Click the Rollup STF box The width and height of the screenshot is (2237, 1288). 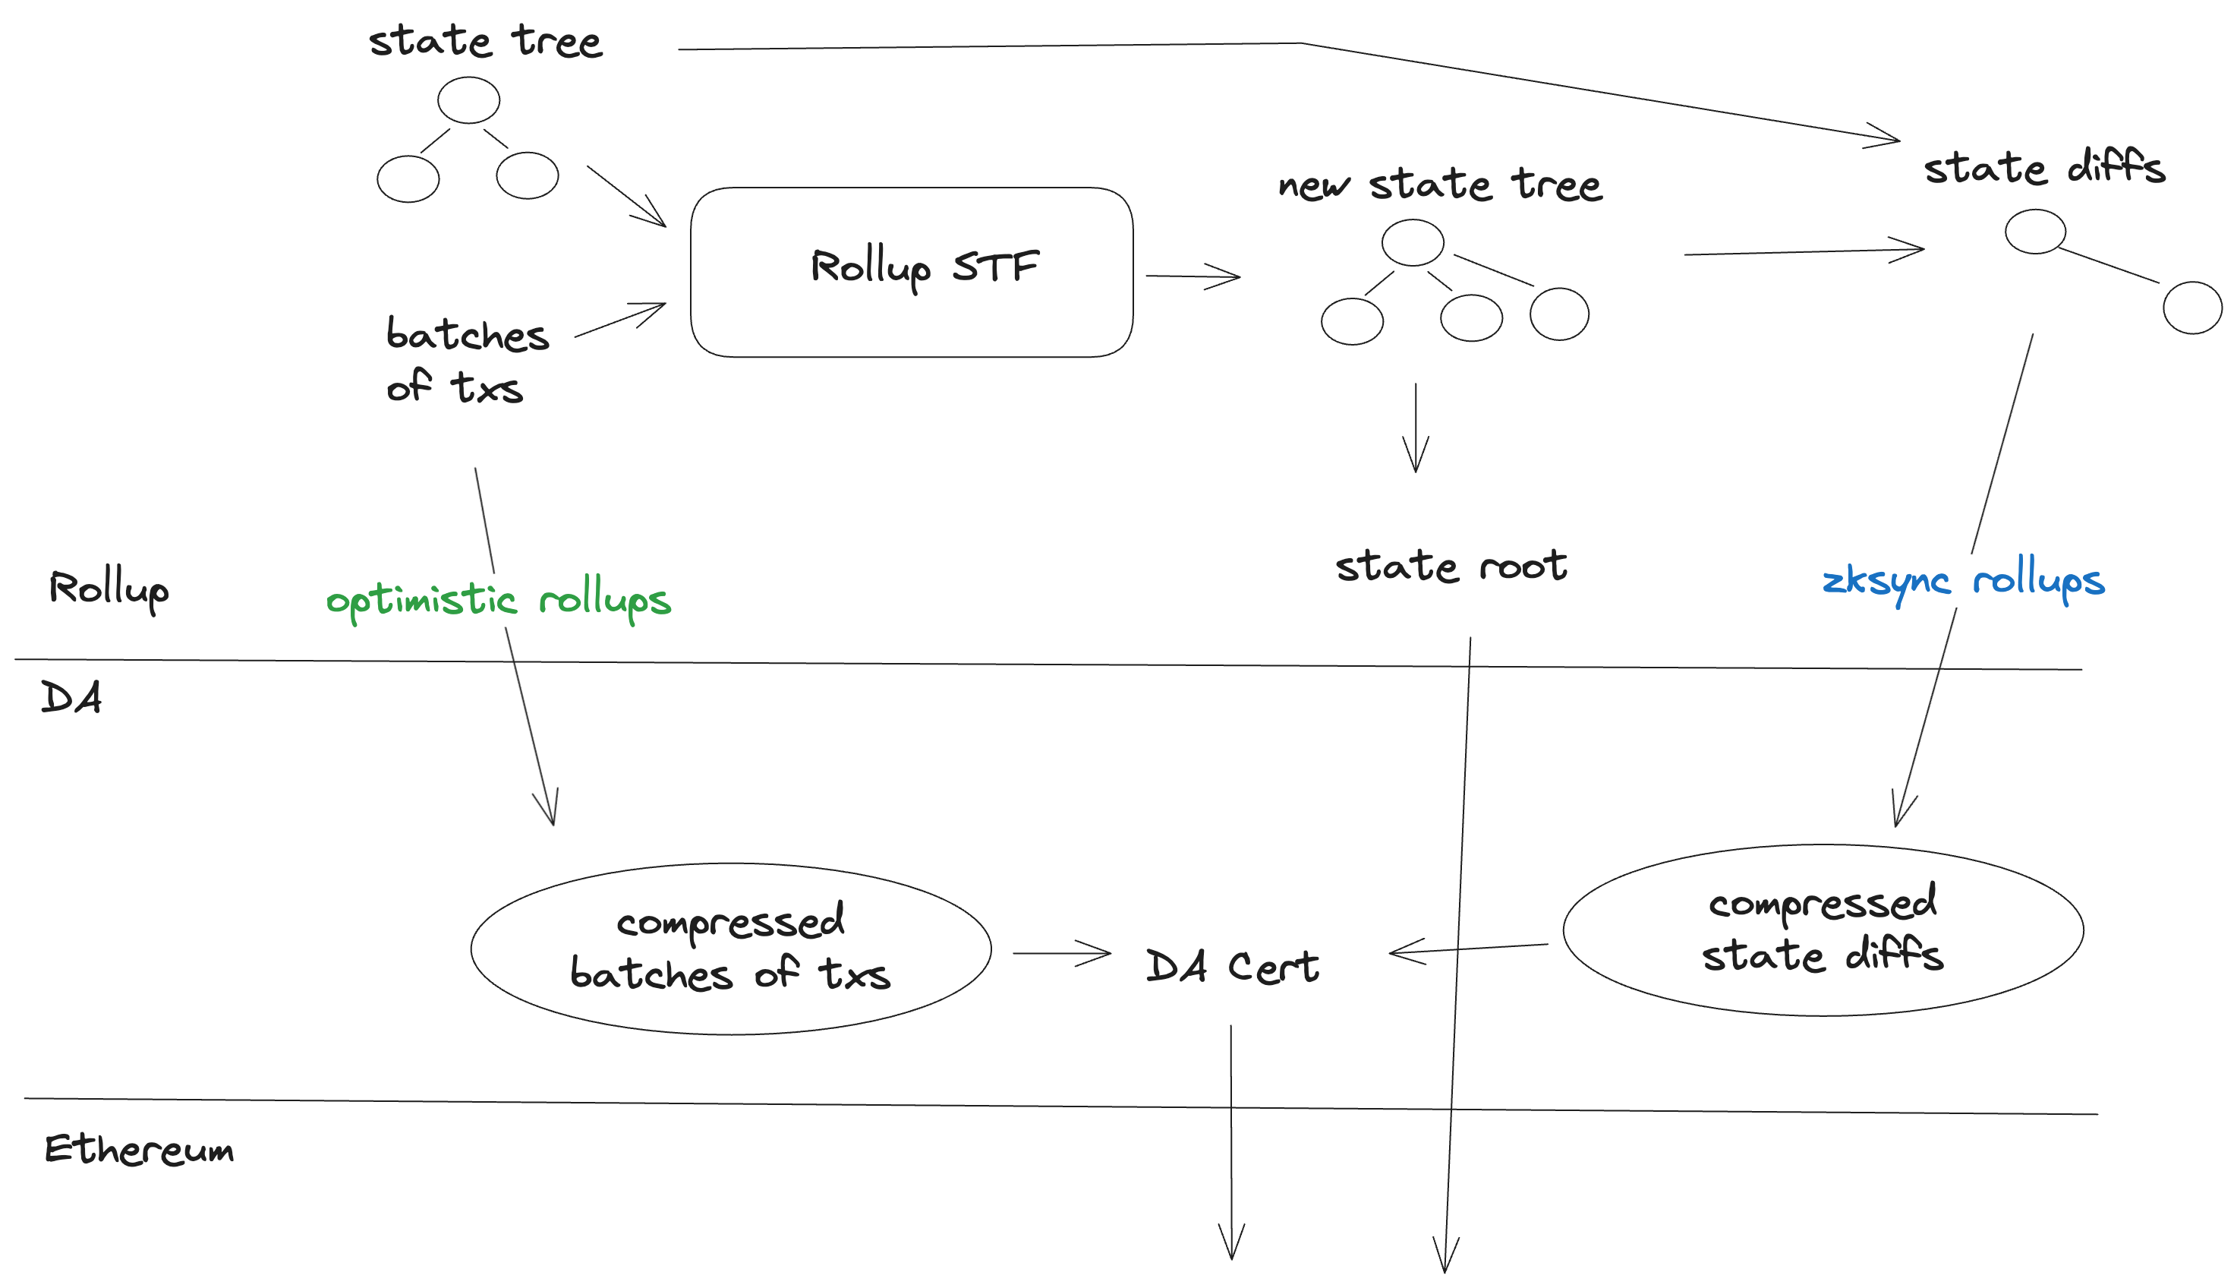pyautogui.click(x=911, y=272)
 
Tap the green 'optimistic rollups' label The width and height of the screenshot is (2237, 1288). pyautogui.click(x=498, y=601)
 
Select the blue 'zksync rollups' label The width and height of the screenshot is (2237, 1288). pyautogui.click(x=1962, y=581)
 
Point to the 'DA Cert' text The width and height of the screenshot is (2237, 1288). pyautogui.click(x=1232, y=966)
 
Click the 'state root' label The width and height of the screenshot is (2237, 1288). pyautogui.click(x=1450, y=566)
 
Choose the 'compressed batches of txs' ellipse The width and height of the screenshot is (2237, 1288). pyautogui.click(x=730, y=949)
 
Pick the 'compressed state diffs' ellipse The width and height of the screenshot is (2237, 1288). pyautogui.click(x=1823, y=930)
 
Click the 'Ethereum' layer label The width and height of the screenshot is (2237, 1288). pyautogui.click(x=139, y=1149)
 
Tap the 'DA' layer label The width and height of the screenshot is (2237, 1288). pyautogui.click(x=71, y=698)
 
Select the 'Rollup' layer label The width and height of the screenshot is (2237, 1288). pyautogui.click(x=108, y=590)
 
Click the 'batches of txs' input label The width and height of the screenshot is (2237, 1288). pyautogui.click(x=466, y=360)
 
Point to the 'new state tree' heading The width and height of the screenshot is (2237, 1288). pyautogui.click(x=1439, y=185)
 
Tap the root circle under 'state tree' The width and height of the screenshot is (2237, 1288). pyautogui.click(x=468, y=100)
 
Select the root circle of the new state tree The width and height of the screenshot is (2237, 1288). pyautogui.click(x=1412, y=242)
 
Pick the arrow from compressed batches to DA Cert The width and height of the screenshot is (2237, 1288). pyautogui.click(x=1061, y=953)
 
